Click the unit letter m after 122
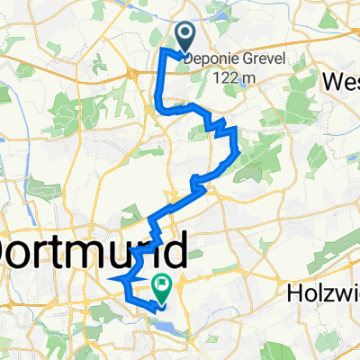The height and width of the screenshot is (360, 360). coord(245,78)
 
